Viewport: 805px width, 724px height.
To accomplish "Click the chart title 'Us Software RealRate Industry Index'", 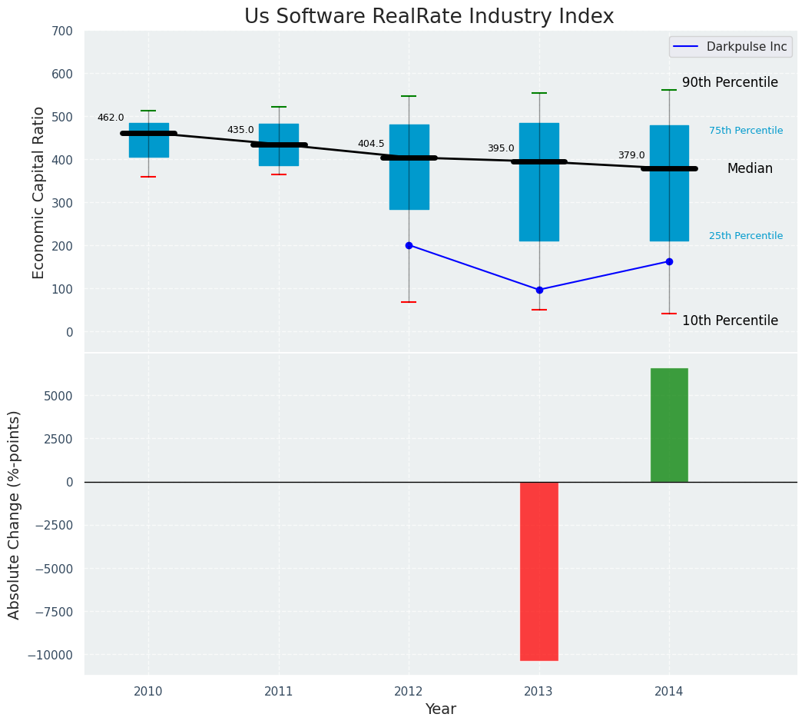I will pos(429,17).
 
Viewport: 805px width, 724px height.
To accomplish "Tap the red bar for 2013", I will pos(538,570).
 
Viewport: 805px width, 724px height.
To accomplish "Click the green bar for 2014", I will pos(669,425).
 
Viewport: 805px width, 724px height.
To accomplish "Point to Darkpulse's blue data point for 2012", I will pos(409,245).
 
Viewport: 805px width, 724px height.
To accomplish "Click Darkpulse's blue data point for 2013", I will pos(539,290).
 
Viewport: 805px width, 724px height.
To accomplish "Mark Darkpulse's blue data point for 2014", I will pos(669,261).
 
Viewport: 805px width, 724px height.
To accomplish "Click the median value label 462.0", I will pos(111,118).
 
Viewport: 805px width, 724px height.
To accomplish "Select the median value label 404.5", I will pos(371,144).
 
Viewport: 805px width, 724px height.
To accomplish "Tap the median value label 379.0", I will pos(631,155).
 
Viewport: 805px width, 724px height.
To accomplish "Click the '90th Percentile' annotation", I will pos(730,82).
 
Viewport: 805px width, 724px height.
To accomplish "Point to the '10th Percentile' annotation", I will pos(730,320).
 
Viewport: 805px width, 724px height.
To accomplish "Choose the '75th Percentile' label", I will pos(746,131).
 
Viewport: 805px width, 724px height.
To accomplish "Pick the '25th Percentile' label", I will pos(746,236).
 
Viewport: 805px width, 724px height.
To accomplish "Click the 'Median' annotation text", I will pos(750,168).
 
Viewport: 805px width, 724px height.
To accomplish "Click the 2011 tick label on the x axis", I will pos(279,691).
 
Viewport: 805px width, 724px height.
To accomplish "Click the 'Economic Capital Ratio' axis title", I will pos(38,192).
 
